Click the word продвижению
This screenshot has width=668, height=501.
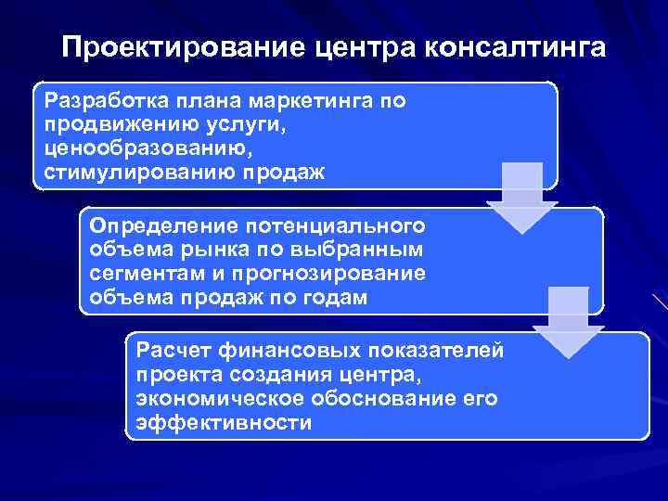point(109,123)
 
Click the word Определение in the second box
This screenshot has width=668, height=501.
point(148,225)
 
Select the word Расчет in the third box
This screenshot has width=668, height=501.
point(171,350)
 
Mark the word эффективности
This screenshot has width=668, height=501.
point(223,423)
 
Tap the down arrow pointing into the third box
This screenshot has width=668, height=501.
point(568,321)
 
